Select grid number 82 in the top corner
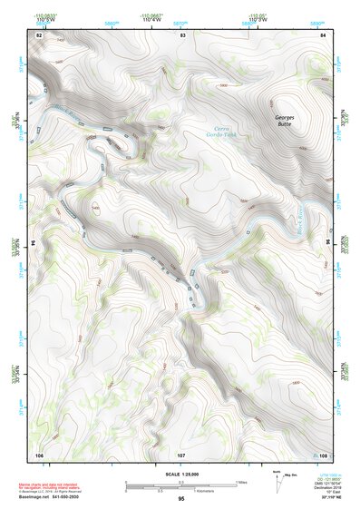[x=38, y=34]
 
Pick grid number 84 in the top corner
[x=324, y=34]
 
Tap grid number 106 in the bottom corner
[x=39, y=454]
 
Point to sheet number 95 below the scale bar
[x=181, y=499]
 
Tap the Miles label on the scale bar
[x=242, y=481]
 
